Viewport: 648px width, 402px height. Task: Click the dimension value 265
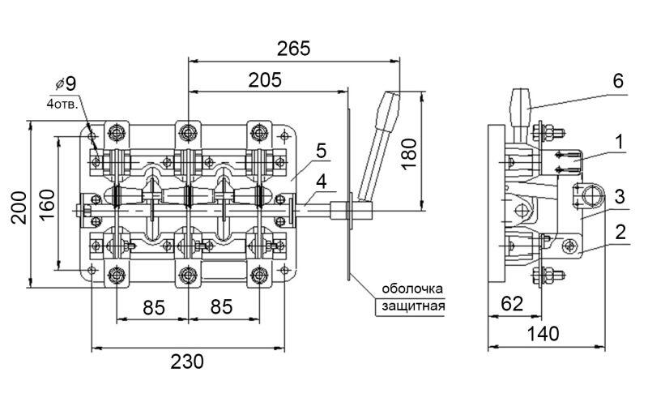click(x=293, y=49)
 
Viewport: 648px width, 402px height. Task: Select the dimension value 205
click(x=265, y=79)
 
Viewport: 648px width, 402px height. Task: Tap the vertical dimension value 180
click(x=410, y=154)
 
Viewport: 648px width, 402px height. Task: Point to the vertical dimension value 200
click(x=19, y=207)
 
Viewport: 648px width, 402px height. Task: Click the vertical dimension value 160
click(x=47, y=205)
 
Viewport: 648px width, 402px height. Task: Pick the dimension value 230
click(x=187, y=361)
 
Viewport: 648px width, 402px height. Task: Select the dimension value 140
click(x=544, y=334)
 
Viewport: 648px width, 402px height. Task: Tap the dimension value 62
click(x=512, y=304)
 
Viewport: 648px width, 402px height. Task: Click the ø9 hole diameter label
click(x=66, y=84)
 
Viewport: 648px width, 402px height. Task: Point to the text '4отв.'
click(x=62, y=104)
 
